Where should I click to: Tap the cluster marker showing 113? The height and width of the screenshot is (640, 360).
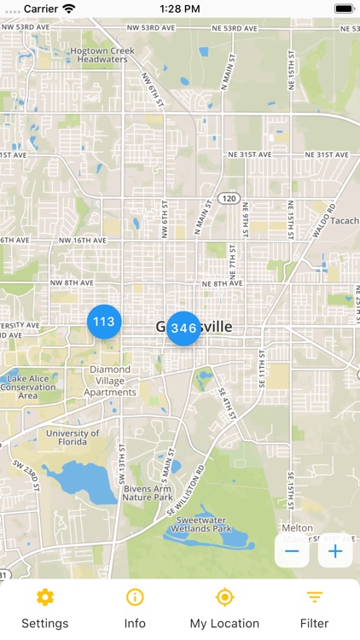(x=104, y=322)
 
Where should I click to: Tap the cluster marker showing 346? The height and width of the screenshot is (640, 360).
(x=183, y=328)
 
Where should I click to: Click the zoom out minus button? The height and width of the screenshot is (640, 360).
(x=292, y=551)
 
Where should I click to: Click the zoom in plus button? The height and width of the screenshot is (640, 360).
(x=335, y=551)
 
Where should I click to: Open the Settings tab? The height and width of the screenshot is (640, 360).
(x=45, y=608)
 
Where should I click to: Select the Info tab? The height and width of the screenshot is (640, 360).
(x=135, y=608)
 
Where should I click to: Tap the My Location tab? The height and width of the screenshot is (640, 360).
(x=224, y=608)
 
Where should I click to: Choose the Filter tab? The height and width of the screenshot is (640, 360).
(x=314, y=608)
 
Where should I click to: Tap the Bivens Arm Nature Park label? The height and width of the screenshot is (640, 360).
(x=147, y=492)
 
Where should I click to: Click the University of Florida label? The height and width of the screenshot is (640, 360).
(x=73, y=438)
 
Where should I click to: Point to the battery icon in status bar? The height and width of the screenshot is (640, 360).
(x=343, y=9)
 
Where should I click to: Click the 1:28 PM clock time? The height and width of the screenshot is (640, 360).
(x=179, y=9)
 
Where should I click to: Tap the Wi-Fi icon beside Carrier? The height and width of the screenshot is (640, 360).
(x=69, y=9)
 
